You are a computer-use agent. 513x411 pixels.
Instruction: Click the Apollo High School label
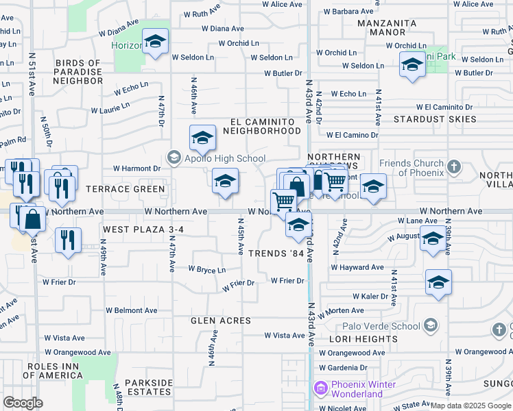(224, 159)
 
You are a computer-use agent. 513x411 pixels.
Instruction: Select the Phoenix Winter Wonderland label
(363, 389)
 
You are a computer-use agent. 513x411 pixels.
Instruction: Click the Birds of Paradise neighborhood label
(69, 72)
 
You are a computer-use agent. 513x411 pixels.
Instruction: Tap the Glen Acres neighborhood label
(221, 321)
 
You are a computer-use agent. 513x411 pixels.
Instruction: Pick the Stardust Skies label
(435, 119)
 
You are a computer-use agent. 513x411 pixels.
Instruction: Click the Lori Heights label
(363, 339)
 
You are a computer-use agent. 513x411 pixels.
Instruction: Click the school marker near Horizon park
(156, 42)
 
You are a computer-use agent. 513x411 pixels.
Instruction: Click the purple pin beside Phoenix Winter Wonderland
(320, 389)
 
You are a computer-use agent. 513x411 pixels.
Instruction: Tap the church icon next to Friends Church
(453, 167)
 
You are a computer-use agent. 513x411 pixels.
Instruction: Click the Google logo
(23, 403)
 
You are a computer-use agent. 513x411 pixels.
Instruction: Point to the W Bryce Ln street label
(206, 270)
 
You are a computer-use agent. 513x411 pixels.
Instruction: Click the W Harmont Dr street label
(136, 168)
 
